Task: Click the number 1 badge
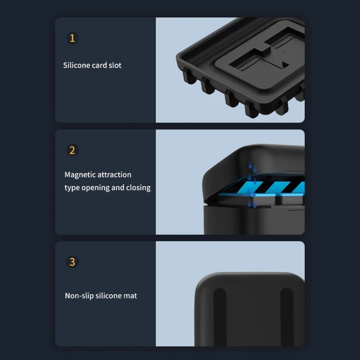pos(72,38)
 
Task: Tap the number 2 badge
pos(72,150)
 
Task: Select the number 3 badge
pos(72,262)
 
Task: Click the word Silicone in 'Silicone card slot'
pos(76,65)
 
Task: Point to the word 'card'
pos(99,65)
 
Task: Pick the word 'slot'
pos(115,65)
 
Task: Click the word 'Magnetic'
pos(80,175)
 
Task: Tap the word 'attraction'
pos(114,175)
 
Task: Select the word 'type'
pos(72,188)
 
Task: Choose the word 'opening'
pos(95,188)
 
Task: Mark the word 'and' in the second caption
pos(118,188)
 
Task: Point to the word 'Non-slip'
pos(79,296)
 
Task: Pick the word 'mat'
pos(130,296)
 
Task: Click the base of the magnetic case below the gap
pos(252,220)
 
